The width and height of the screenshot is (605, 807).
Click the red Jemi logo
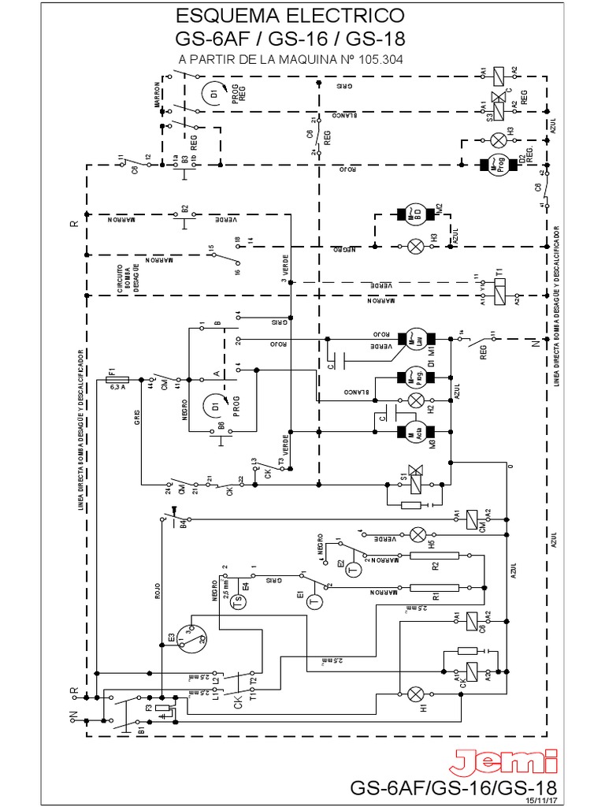(504, 763)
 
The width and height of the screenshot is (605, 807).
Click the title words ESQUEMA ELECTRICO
(290, 16)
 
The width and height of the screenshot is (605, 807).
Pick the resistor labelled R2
(434, 556)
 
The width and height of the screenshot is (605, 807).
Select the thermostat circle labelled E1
(314, 602)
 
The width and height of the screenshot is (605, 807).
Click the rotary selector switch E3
(191, 635)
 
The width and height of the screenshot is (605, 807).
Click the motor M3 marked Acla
(414, 431)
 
